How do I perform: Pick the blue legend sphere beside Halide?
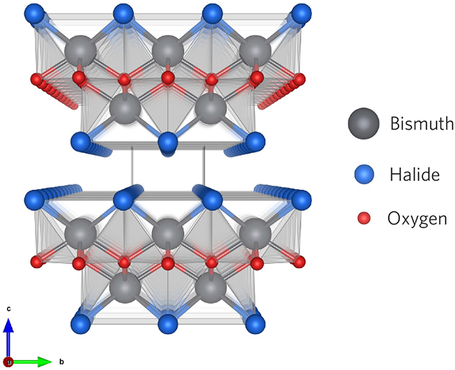pos(363,175)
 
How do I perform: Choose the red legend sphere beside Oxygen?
pos(363,218)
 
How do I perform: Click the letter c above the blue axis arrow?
pos(8,309)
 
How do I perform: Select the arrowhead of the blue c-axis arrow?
pos(8,324)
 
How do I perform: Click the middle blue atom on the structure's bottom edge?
pos(168,324)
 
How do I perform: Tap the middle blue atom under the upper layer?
pos(168,143)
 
